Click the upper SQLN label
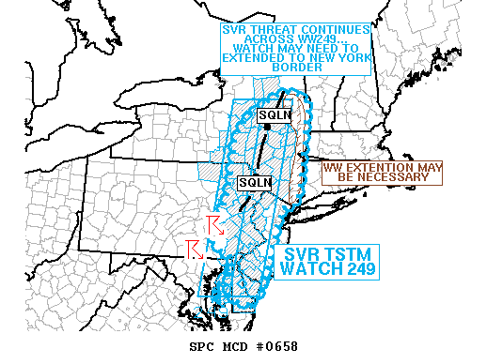[275, 114]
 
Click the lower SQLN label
[254, 182]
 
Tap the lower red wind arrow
[195, 248]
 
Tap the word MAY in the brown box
[428, 166]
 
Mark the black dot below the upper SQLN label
[269, 126]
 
